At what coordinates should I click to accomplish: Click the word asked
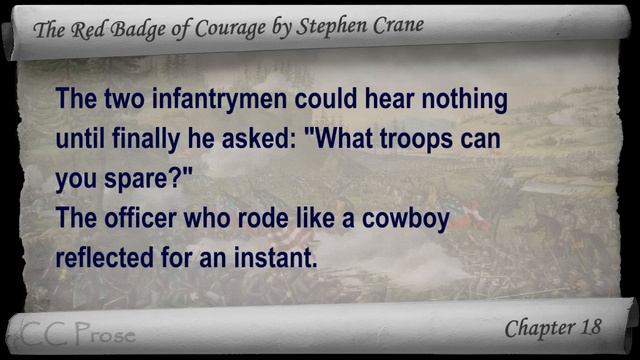(x=249, y=140)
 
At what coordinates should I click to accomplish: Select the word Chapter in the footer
(x=537, y=328)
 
